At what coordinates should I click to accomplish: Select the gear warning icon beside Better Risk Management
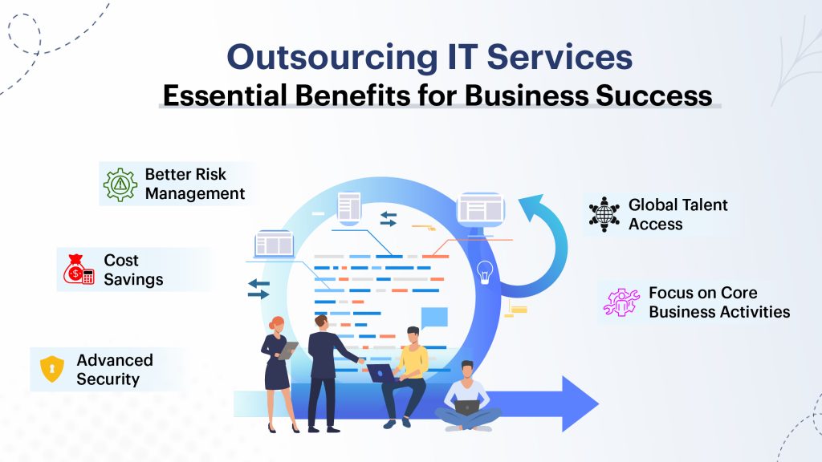[x=120, y=184]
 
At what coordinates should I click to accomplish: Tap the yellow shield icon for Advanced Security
[x=51, y=369]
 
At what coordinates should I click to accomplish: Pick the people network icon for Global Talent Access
[x=604, y=214]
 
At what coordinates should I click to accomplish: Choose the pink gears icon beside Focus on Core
[x=621, y=302]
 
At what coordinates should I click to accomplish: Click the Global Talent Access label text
[x=678, y=214]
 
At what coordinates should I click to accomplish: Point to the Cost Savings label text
[x=132, y=270]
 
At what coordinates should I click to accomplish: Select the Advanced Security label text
[x=114, y=369]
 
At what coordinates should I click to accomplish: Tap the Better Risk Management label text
[x=194, y=184]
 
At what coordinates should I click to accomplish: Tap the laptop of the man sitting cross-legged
[x=466, y=407]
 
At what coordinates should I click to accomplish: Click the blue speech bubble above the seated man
[x=433, y=317]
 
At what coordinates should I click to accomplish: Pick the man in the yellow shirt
[x=409, y=369]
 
